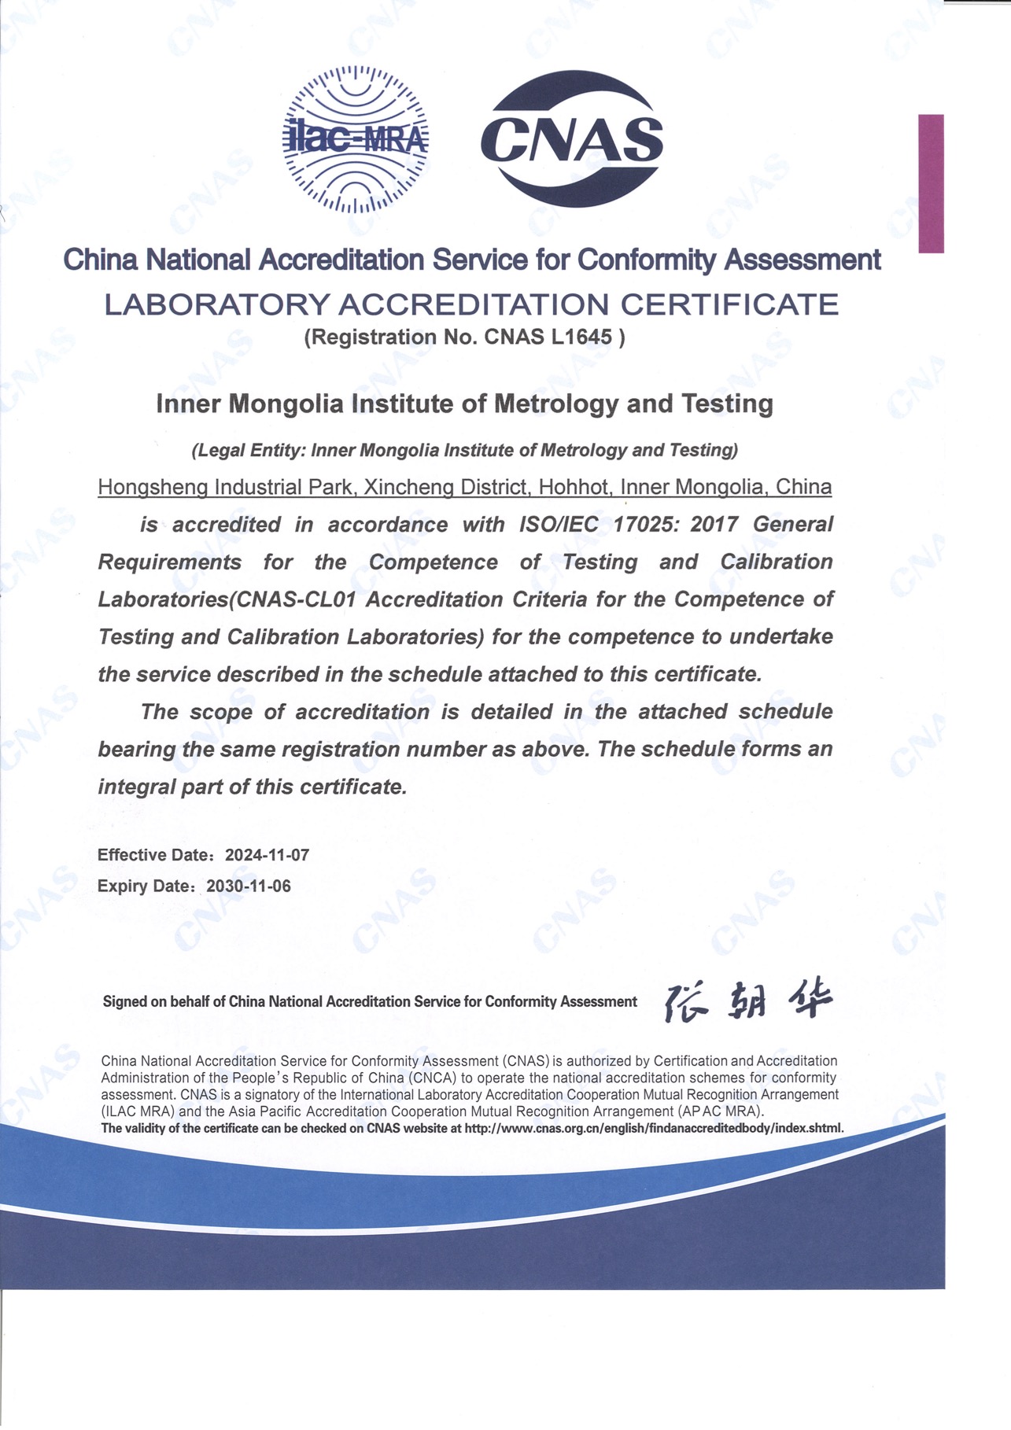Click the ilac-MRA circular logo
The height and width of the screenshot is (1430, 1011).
(x=356, y=140)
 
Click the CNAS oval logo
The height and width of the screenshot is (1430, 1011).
(x=572, y=139)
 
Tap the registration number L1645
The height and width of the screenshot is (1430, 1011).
(x=582, y=337)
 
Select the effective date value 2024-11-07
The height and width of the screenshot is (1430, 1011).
(x=267, y=855)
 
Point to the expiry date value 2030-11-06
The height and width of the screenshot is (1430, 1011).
(x=249, y=886)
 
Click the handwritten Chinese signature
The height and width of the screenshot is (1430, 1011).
(x=747, y=1001)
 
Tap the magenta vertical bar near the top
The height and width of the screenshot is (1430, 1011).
(x=931, y=183)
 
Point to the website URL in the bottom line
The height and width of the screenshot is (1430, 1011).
(x=654, y=1128)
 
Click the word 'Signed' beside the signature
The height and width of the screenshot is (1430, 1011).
(x=124, y=1001)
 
